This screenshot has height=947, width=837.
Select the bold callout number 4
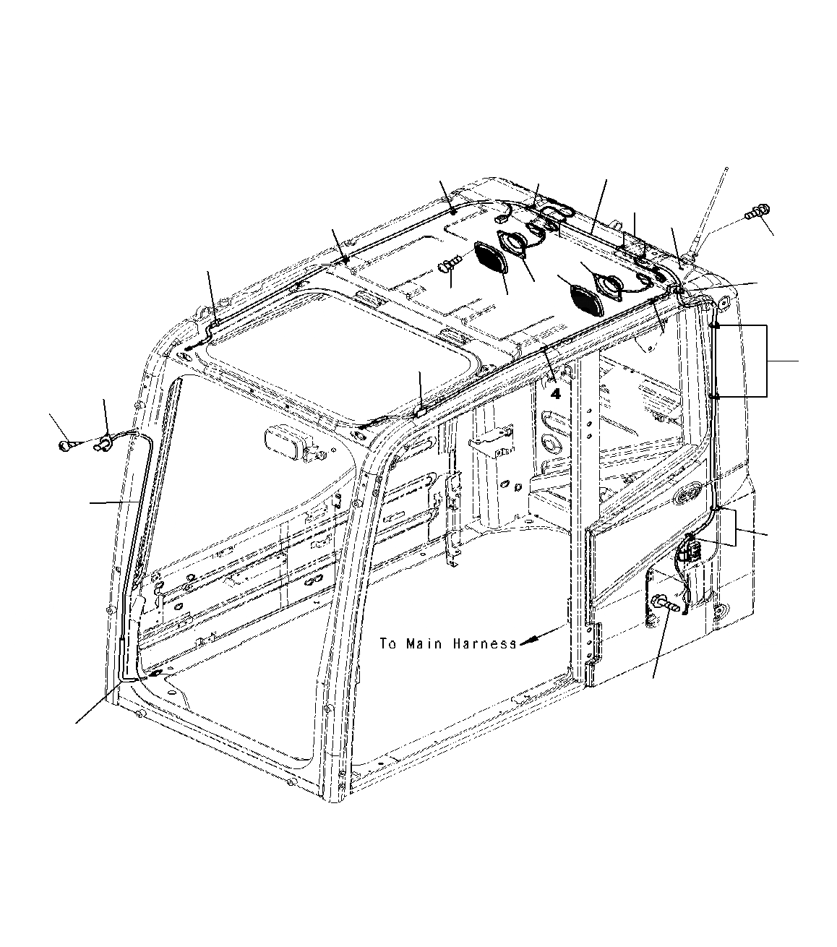coord(555,394)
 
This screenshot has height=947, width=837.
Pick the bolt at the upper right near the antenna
coord(755,213)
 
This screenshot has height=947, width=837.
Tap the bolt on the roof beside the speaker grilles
coord(448,266)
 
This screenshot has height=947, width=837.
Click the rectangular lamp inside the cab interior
coord(285,440)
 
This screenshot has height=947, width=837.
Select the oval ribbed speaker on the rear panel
coord(685,497)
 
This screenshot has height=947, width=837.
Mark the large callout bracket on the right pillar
coord(766,361)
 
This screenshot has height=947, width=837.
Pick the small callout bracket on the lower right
coord(736,528)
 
